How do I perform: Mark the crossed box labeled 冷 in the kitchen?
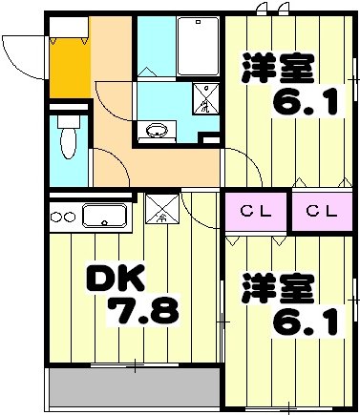(160, 210)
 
